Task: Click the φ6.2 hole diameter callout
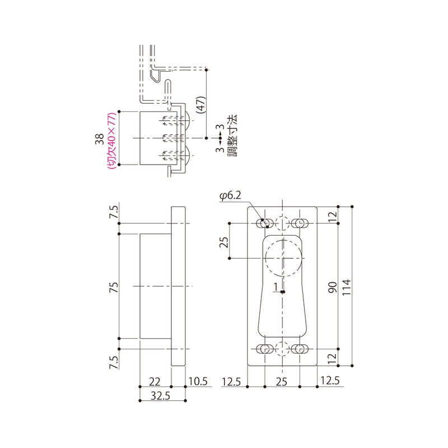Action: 230,195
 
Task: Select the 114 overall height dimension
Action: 346,287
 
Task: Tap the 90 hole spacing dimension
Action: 333,287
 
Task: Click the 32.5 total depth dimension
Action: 160,396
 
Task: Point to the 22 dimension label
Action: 155,382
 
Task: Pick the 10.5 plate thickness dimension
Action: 198,381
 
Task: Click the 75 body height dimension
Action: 114,287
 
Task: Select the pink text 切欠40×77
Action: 111,141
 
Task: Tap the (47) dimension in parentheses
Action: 202,105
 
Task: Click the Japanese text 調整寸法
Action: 232,136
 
